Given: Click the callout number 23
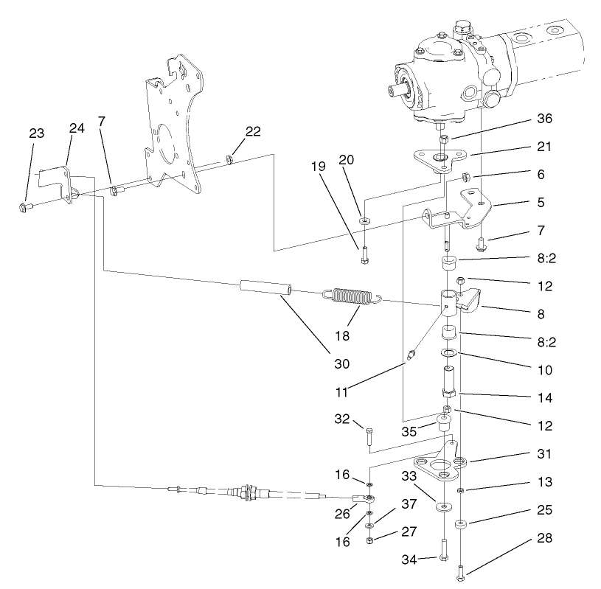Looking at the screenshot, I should tap(36, 133).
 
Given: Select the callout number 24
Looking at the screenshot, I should tap(77, 128).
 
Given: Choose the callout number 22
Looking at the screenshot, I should tap(253, 131).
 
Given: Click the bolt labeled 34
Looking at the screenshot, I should tap(444, 548).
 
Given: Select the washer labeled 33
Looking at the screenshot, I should tap(444, 508).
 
